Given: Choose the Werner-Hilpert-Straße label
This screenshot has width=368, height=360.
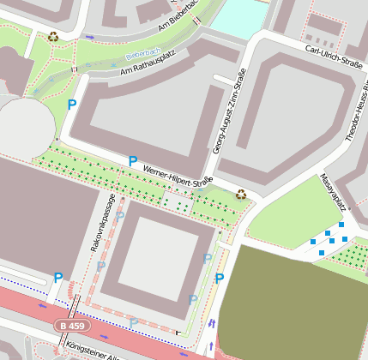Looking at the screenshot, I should point(177,176).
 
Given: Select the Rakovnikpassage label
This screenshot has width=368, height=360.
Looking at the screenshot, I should point(102,222).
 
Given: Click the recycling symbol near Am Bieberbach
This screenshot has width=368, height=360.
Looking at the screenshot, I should point(54,36).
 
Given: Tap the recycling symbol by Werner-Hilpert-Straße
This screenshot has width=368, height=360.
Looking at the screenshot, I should point(241,194).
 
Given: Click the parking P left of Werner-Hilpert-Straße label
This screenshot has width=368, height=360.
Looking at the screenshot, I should point(132,160).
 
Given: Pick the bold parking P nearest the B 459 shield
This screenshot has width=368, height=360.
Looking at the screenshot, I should point(57,277).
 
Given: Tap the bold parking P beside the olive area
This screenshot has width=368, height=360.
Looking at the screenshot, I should point(220,278).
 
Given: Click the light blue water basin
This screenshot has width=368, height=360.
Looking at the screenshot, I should point(240,17).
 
